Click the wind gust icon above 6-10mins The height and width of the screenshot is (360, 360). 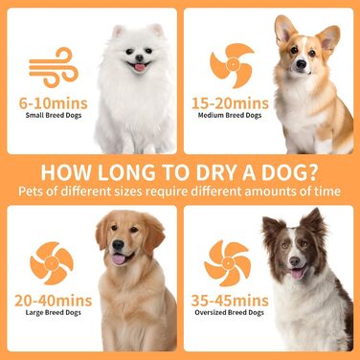point(54,67)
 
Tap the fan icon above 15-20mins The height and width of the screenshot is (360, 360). point(232,65)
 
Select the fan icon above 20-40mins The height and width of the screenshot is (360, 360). point(52,263)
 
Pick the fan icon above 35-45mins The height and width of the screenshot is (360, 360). point(228,263)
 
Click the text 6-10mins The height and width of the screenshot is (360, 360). point(54,103)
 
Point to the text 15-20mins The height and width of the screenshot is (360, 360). point(230,103)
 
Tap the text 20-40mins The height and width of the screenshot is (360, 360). point(54,301)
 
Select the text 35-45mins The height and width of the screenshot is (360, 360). point(230,301)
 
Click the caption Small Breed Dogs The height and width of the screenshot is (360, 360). point(54,116)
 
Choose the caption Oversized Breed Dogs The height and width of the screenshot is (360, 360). point(230,313)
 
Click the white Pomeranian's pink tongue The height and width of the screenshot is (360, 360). point(140,67)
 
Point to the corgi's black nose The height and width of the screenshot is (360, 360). point(302,64)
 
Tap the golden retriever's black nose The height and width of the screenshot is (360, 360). point(118,245)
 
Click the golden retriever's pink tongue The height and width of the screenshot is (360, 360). point(120,259)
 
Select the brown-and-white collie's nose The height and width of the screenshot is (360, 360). point(295,261)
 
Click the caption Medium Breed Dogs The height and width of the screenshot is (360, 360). point(230,116)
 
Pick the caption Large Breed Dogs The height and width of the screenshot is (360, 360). point(54,313)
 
